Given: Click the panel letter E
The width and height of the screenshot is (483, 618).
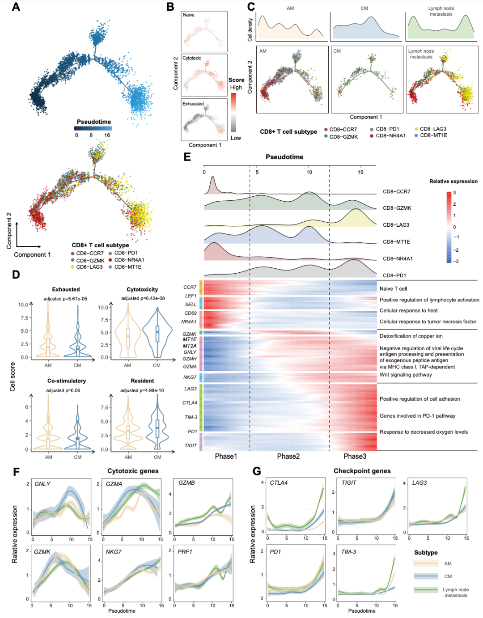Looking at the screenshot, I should (187, 157).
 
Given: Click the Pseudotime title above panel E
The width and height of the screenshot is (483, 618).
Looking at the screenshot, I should (284, 157).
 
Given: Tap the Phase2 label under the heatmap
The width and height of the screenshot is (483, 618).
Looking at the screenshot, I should (288, 456).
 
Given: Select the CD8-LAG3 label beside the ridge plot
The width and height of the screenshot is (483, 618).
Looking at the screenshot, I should (396, 225).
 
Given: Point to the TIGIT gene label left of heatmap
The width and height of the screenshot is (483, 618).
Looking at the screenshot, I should (191, 445).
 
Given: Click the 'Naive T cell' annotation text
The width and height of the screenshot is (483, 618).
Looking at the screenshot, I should (393, 289).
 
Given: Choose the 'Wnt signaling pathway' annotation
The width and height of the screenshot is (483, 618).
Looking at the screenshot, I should (406, 375).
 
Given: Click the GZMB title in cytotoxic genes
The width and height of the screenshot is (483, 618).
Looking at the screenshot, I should (186, 483).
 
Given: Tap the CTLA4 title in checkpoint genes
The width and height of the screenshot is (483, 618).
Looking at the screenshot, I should (279, 483).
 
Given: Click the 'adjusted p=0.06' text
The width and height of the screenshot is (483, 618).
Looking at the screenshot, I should (63, 390).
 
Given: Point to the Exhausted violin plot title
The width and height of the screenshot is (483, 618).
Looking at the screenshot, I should (66, 289).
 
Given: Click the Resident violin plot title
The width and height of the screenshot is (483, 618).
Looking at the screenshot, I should (142, 381).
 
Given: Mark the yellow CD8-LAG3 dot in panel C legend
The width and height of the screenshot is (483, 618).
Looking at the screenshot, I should (416, 129).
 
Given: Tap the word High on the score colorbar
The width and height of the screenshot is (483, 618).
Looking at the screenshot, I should (236, 87).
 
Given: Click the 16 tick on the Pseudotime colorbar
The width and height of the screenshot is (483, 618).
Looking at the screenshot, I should (107, 135).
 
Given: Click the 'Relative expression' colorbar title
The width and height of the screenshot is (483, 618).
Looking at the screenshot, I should (453, 182).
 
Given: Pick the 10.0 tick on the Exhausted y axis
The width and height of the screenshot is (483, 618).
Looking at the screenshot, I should (23, 305).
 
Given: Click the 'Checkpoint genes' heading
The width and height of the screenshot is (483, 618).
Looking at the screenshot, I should (362, 471).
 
